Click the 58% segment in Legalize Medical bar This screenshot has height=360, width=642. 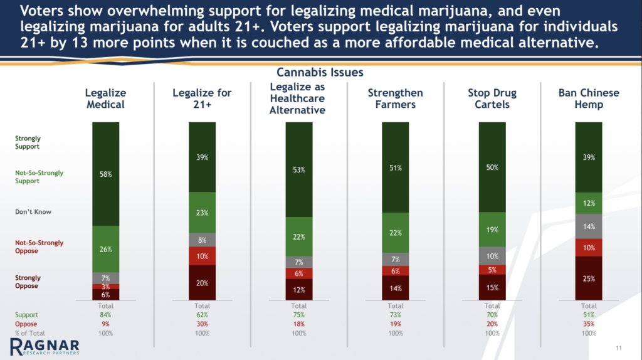tap(105, 174)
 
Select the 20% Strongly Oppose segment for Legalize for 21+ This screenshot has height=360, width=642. tap(202, 282)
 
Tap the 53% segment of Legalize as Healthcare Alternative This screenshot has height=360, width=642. tap(298, 169)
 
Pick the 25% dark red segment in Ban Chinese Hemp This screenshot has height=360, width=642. tap(588, 278)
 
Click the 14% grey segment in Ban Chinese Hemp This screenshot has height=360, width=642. tap(588, 225)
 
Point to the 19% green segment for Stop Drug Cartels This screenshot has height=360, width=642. tap(492, 230)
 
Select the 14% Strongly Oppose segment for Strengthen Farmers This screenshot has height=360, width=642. tap(395, 288)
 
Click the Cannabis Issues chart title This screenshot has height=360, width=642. tap(320, 73)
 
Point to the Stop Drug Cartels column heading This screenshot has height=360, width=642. tap(492, 98)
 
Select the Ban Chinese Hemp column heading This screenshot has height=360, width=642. tap(588, 98)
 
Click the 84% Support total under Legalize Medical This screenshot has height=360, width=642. tap(105, 314)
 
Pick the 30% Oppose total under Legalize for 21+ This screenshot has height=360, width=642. tap(202, 324)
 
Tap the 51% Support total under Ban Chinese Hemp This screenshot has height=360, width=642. tap(588, 314)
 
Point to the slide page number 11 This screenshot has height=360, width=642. tap(619, 349)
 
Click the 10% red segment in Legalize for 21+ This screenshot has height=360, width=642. tap(202, 256)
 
